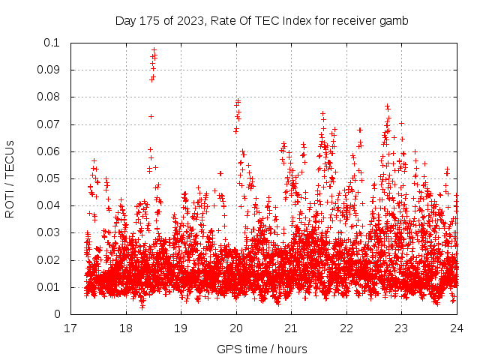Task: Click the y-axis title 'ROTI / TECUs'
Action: pyautogui.click(x=10, y=178)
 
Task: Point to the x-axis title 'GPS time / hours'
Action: pyautogui.click(x=263, y=349)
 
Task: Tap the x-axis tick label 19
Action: pyautogui.click(x=181, y=328)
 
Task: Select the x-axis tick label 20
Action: pyautogui.click(x=236, y=328)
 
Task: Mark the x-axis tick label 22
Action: pyautogui.click(x=346, y=328)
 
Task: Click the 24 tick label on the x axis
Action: pyautogui.click(x=457, y=328)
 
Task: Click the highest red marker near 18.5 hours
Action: pyautogui.click(x=154, y=50)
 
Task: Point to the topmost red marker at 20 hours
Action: pyautogui.click(x=238, y=100)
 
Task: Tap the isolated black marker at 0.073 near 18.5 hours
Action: pyautogui.click(x=151, y=116)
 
